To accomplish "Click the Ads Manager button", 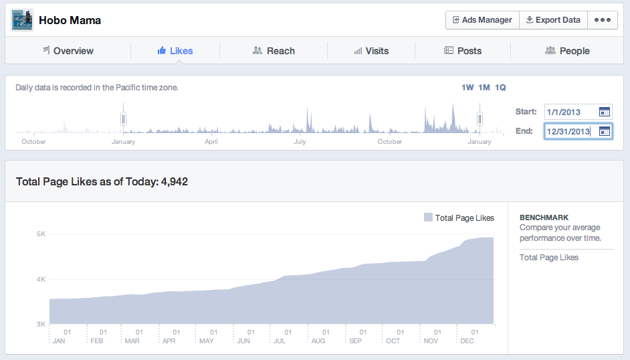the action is (482, 20).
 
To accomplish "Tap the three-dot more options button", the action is (603, 20).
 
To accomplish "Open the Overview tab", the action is (68, 51).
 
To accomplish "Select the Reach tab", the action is (274, 51).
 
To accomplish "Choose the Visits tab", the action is (371, 51).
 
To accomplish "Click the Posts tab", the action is (463, 51).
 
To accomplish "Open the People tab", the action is (567, 51).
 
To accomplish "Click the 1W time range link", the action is (467, 88).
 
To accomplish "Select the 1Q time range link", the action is (500, 88).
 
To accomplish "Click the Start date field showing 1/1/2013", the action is (579, 112).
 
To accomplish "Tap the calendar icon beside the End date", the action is (605, 131).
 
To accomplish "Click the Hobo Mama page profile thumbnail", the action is (22, 20).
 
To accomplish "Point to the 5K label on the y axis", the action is (41, 234).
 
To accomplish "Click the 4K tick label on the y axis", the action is (41, 279).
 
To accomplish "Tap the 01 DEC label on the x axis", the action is (470, 337).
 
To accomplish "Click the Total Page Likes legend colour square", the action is (428, 217).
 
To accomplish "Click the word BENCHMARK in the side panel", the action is (544, 217).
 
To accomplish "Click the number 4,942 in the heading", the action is (175, 182).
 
